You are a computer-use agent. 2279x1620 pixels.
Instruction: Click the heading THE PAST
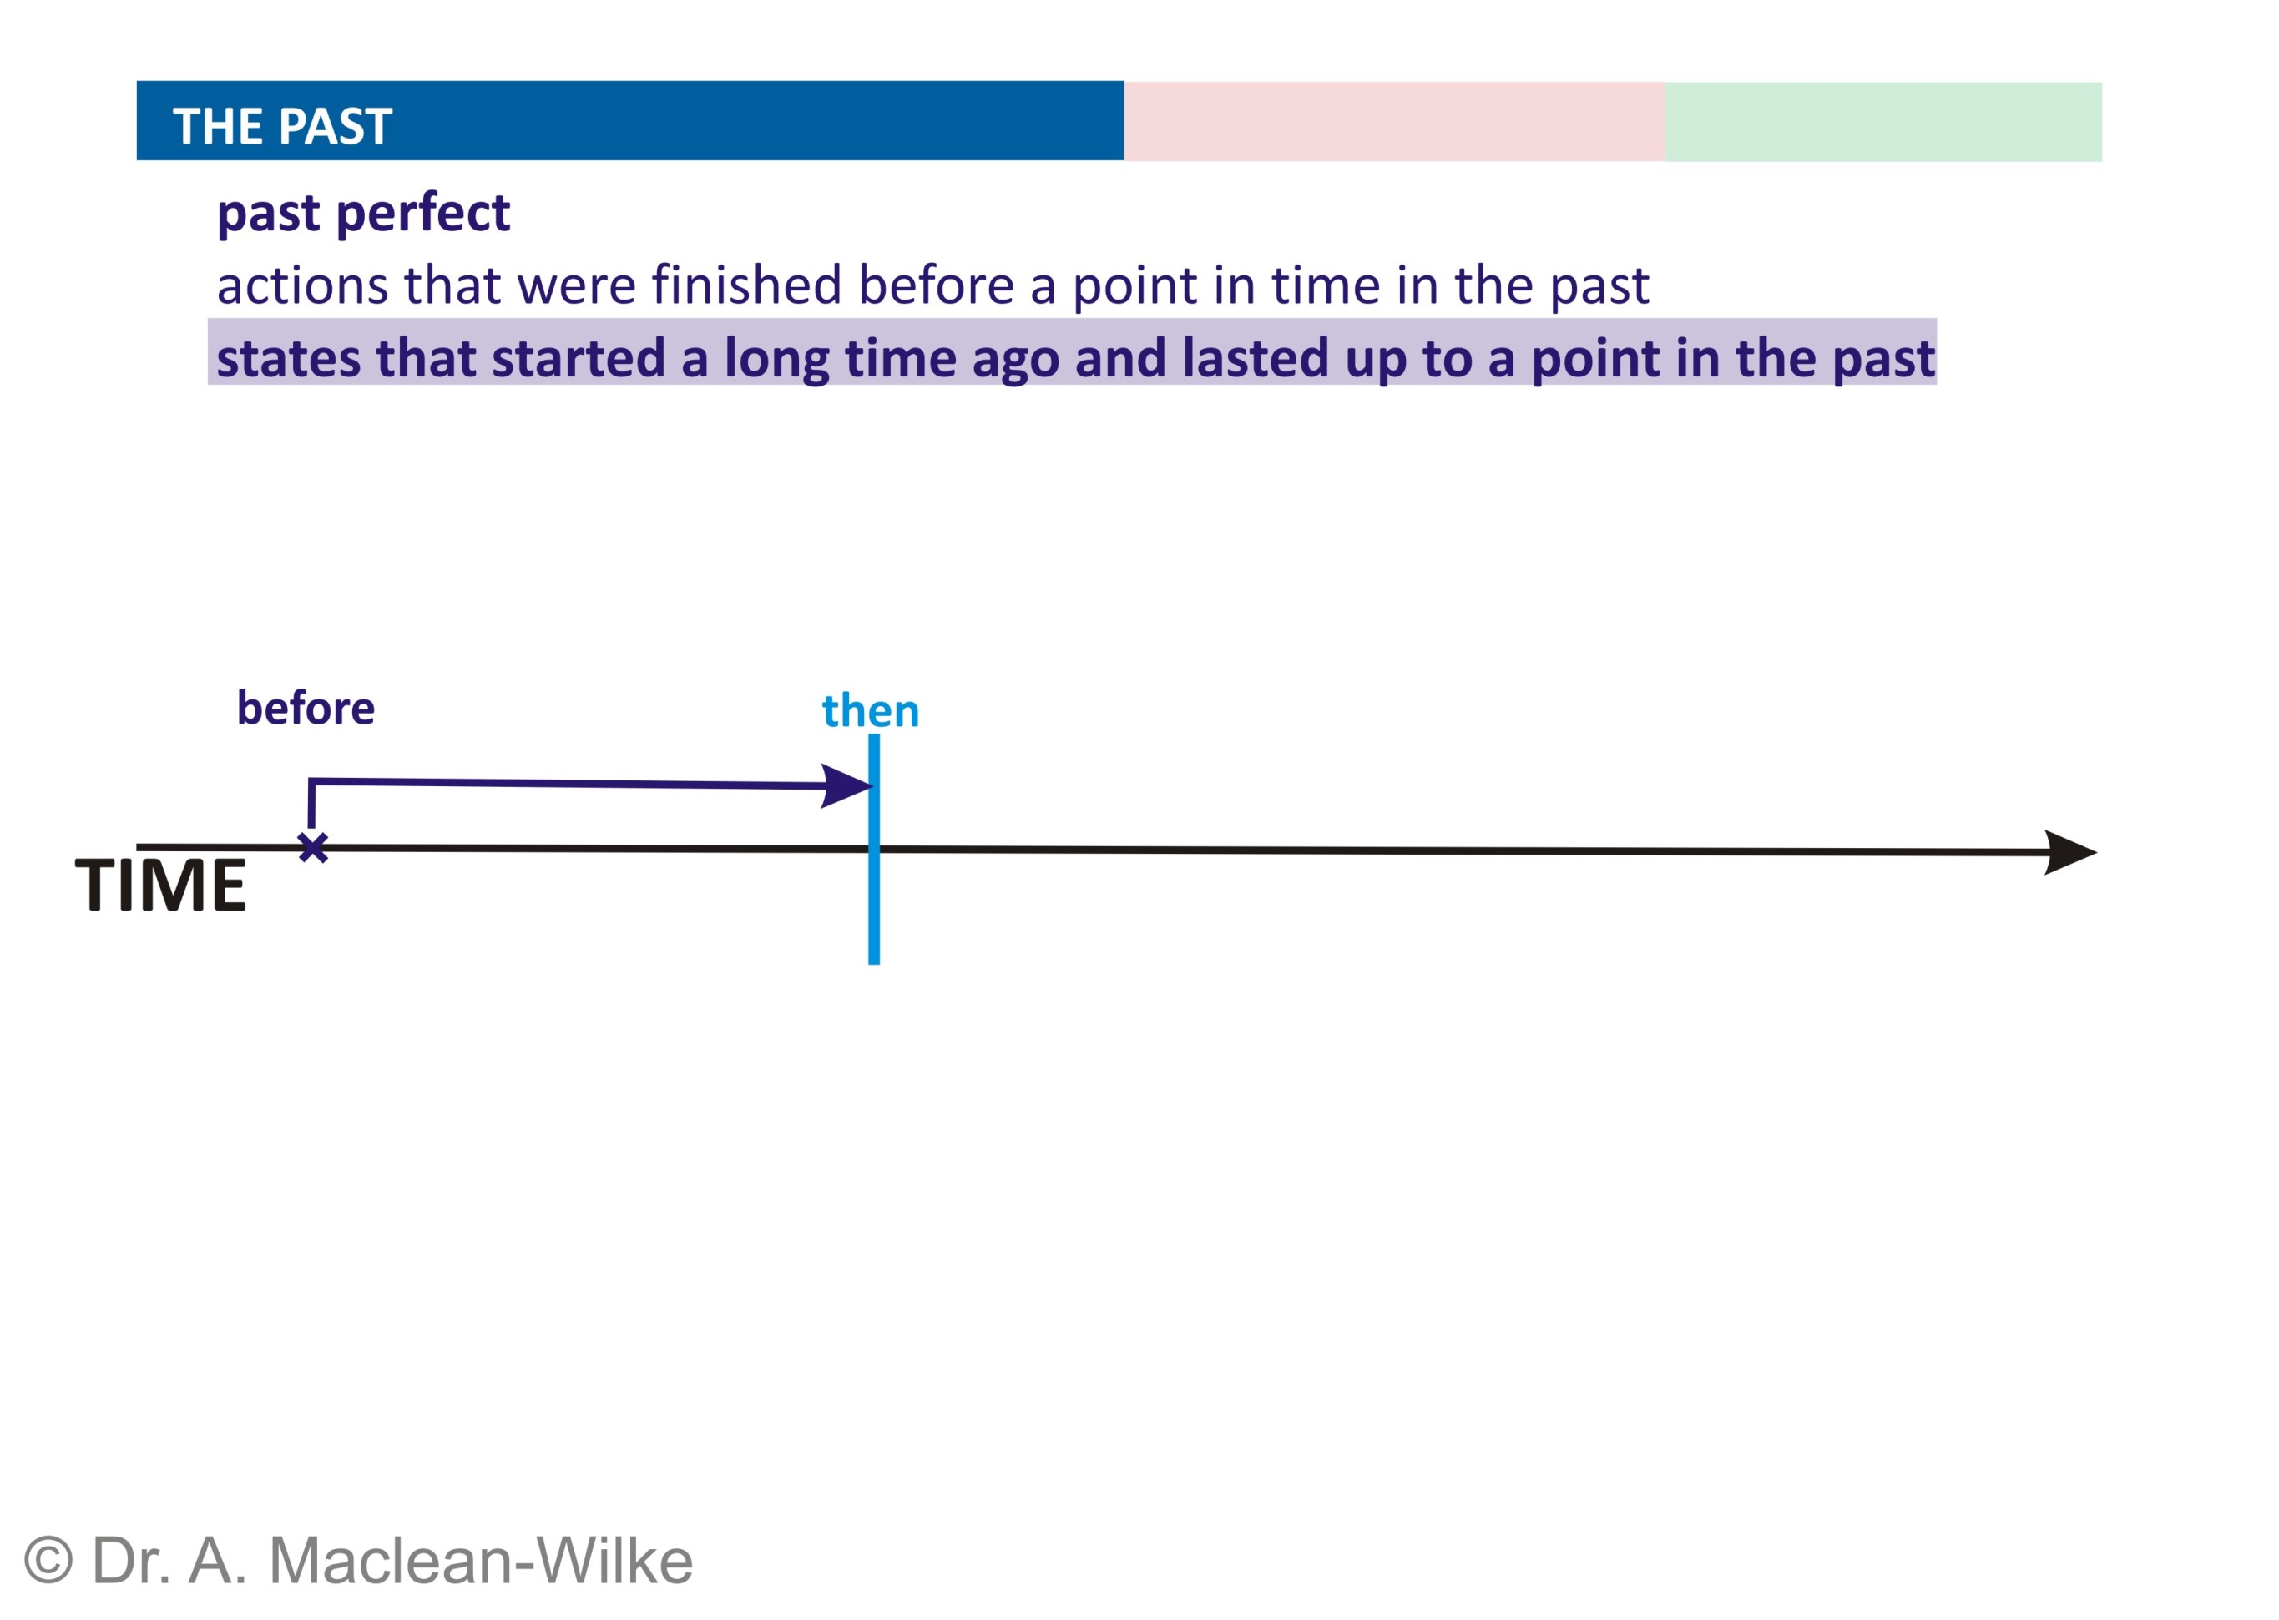pyautogui.click(x=282, y=127)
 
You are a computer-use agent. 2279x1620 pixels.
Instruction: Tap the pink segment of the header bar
pyautogui.click(x=1394, y=121)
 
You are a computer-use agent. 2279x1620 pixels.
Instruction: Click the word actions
pyautogui.click(x=302, y=286)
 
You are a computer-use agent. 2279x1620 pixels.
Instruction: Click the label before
pyautogui.click(x=306, y=709)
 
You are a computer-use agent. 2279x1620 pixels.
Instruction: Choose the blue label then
pyautogui.click(x=870, y=711)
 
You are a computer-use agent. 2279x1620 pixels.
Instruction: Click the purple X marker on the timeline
pyautogui.click(x=313, y=848)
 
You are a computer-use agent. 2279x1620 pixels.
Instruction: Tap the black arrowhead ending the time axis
pyautogui.click(x=2070, y=853)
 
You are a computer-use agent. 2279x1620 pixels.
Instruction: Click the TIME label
pyautogui.click(x=160, y=885)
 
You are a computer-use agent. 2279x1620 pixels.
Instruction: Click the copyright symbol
pyautogui.click(x=48, y=1561)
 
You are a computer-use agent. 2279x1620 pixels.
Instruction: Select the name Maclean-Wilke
pyautogui.click(x=481, y=1561)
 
